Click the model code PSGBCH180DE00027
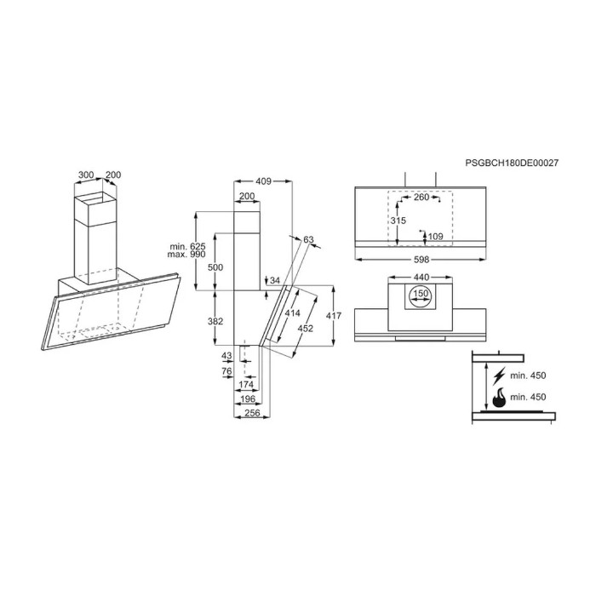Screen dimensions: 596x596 coord(512,161)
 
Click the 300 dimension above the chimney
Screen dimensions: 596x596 coord(85,175)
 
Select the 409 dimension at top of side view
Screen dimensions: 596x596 coord(263,181)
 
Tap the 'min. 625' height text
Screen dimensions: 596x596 coord(187,246)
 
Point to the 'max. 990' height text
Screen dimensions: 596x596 coord(187,255)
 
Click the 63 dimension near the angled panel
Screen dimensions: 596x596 coord(308,240)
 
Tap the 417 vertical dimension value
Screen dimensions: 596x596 coord(334,316)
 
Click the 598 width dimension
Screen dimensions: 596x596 coord(421,259)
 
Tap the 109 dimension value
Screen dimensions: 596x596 coord(435,236)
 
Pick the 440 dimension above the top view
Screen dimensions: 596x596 coord(421,278)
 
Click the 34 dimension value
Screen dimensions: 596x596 coord(273,280)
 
